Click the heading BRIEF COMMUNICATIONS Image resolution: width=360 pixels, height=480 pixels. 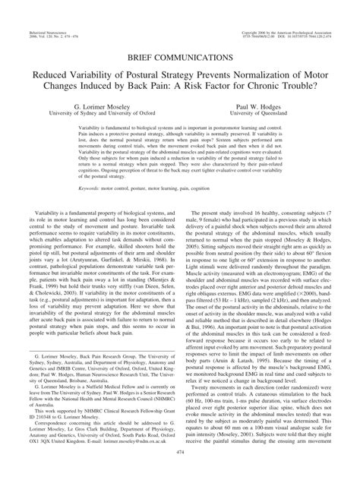click(x=180, y=57)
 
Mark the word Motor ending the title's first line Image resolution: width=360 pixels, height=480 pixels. click(x=310, y=77)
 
